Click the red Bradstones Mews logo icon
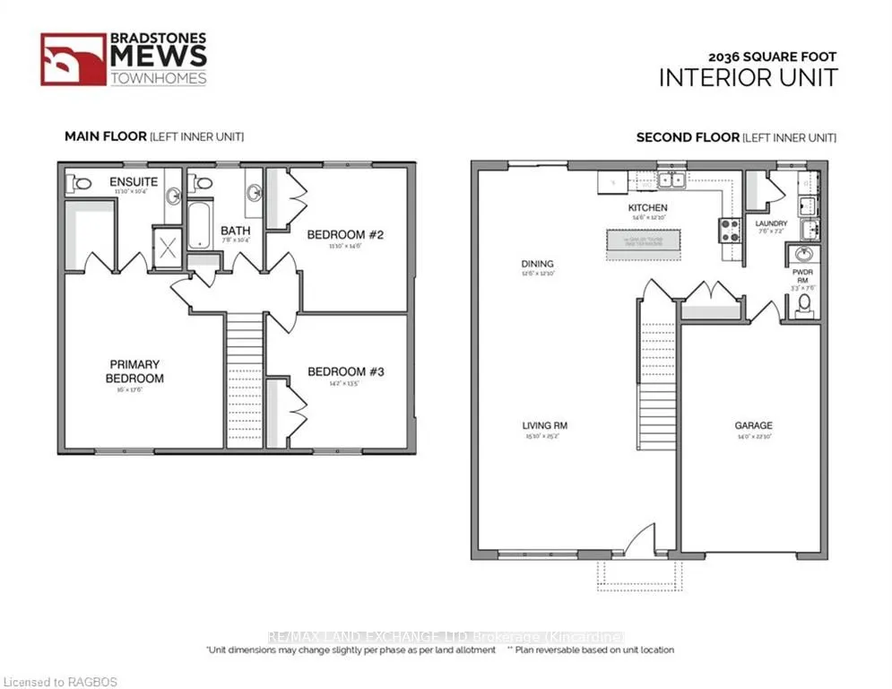pos(73,59)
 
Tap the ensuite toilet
pos(82,183)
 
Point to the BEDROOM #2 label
pos(345,235)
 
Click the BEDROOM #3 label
pos(345,371)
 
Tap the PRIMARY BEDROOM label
pos(135,371)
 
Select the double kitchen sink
pos(670,180)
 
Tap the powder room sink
pos(803,254)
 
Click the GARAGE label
pos(753,425)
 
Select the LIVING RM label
pos(545,425)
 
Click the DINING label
pos(537,264)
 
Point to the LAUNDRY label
pos(771,223)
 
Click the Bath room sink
pos(255,191)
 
